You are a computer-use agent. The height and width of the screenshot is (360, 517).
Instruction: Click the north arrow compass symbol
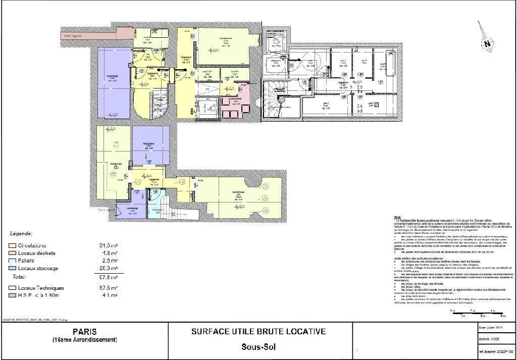(487, 43)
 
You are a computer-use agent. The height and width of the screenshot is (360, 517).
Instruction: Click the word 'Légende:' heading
(21, 234)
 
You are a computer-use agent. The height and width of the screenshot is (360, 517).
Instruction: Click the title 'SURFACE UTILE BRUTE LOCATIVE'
(258, 332)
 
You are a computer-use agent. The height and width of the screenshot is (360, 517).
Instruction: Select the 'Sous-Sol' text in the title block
(258, 347)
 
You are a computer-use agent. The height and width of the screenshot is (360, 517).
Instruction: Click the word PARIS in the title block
(85, 332)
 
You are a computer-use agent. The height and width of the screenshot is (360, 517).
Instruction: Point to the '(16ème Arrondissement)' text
(85, 340)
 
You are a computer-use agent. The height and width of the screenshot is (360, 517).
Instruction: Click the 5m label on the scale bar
(502, 316)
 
